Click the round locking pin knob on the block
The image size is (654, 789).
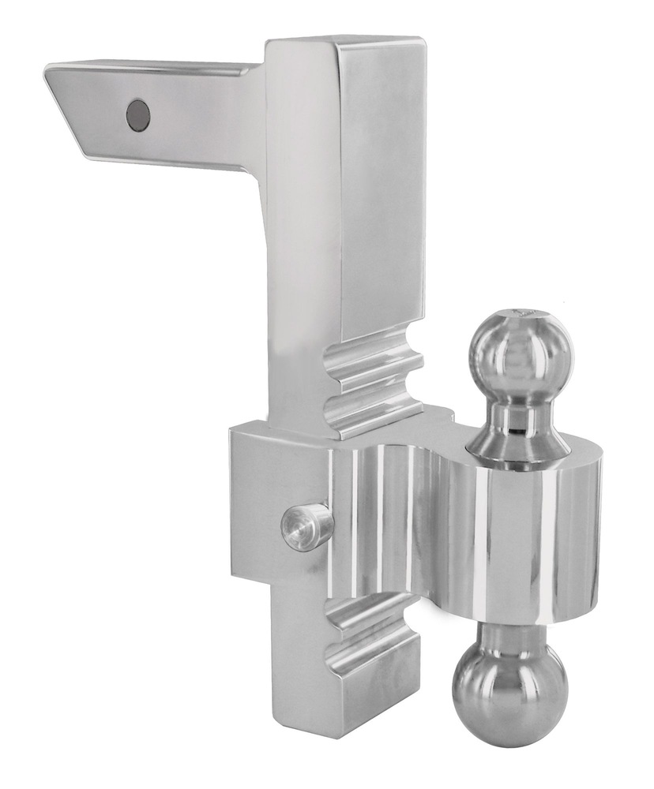coord(305,526)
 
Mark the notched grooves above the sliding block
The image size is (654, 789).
coord(371,387)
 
